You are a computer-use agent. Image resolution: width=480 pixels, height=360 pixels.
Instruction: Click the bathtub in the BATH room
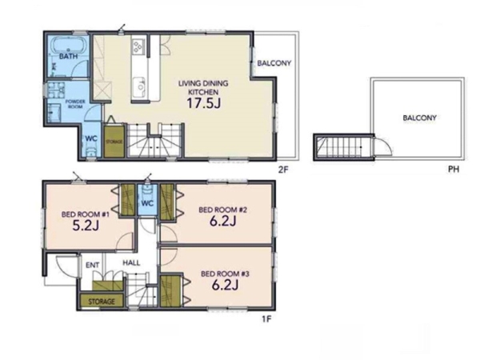[68, 45]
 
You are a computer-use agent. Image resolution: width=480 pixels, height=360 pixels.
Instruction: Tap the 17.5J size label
[203, 103]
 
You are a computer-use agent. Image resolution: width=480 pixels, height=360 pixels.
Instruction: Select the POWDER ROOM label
[75, 104]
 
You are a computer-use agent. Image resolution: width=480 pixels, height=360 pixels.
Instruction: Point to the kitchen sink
[140, 87]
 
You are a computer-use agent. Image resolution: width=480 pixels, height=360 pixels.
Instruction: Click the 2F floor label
[283, 170]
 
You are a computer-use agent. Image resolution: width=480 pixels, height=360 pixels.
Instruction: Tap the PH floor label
[454, 169]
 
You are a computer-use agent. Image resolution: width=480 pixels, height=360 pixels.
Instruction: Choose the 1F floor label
[266, 319]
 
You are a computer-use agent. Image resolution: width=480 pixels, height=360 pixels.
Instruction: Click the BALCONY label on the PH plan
[419, 118]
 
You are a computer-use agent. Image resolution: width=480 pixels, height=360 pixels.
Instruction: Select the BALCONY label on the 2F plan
[274, 63]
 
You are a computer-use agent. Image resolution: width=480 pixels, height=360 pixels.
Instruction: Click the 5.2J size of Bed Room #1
[86, 226]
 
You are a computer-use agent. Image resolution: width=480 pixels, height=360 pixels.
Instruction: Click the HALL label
[132, 262]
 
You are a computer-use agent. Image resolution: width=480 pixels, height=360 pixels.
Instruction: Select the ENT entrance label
[93, 265]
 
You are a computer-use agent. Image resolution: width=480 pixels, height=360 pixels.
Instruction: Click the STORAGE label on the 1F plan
[102, 302]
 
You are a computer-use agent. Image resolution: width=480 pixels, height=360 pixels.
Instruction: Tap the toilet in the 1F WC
[147, 190]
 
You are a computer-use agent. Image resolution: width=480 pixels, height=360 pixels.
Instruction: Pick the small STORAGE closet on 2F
[114, 142]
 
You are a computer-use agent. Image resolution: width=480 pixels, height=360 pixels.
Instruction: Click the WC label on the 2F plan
[91, 138]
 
